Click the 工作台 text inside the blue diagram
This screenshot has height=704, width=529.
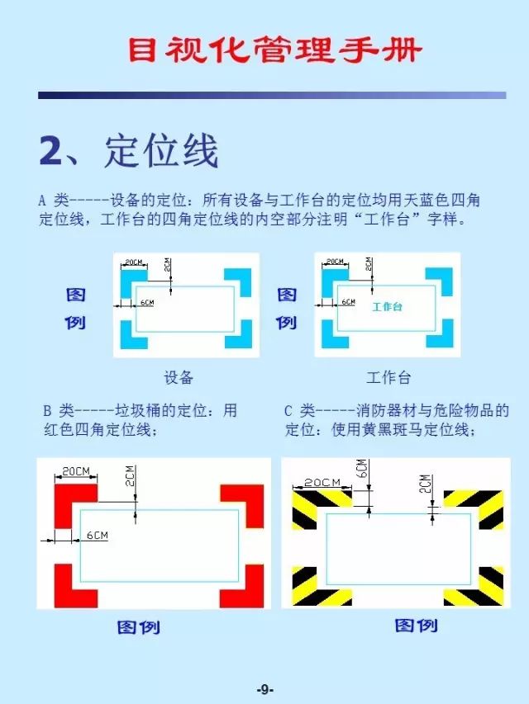click(386, 306)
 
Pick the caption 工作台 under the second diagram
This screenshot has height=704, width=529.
click(388, 378)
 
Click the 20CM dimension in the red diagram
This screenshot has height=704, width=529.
click(76, 470)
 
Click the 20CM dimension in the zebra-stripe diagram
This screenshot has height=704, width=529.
click(322, 482)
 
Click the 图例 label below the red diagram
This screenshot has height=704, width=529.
click(138, 627)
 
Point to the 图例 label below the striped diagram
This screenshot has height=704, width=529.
click(416, 626)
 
